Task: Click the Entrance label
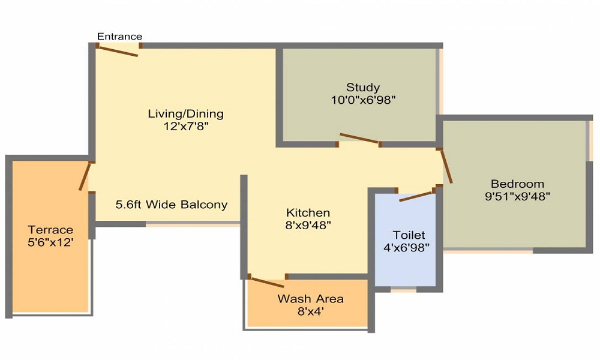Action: (119, 37)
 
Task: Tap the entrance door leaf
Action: (118, 51)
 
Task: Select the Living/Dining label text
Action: (185, 113)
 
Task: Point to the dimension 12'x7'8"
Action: (185, 127)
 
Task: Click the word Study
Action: (362, 88)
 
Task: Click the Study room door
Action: (359, 139)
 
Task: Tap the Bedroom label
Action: (517, 184)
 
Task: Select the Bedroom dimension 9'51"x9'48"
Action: (517, 196)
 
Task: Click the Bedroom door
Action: (447, 166)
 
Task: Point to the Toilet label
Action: (409, 235)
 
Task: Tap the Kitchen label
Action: (308, 213)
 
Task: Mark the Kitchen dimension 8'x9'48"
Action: (308, 226)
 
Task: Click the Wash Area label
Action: (310, 299)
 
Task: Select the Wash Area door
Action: (267, 280)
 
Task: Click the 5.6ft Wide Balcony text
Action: (172, 205)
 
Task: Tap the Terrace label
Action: (50, 230)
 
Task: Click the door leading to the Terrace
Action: (85, 176)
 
